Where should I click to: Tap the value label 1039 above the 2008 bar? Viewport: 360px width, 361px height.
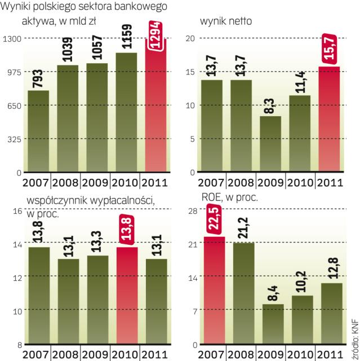click(67, 48)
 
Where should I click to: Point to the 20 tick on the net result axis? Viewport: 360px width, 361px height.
click(190, 38)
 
